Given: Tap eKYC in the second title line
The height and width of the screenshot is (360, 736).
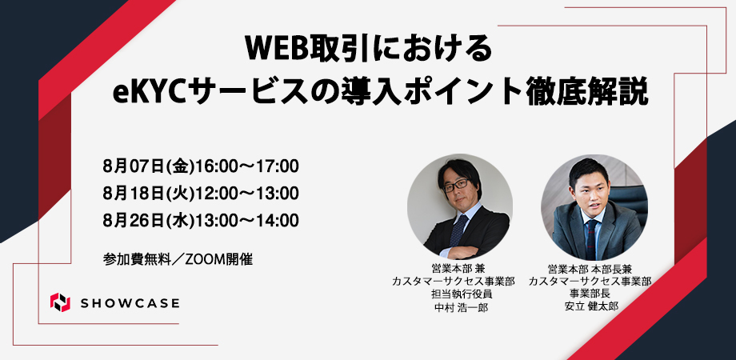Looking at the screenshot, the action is pos(148,93).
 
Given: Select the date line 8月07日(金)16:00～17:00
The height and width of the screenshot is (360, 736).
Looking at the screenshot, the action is pos(201,166).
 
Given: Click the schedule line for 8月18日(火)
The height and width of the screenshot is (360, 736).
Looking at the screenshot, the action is pos(201,193).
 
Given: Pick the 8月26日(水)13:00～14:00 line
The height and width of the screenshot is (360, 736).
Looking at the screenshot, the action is pos(201,220).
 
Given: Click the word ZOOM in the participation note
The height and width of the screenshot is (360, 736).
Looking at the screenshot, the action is pos(206,259).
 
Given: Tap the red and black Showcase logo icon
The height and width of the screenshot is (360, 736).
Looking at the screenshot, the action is pos(60,302).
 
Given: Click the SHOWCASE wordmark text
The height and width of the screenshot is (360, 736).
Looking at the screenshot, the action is pos(130,303).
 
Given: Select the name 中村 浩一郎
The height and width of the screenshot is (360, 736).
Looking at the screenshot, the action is pos(454,307).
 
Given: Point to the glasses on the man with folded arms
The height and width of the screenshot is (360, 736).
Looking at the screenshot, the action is pos(455,184).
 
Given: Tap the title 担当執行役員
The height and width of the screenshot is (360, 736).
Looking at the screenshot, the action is pos(454,294).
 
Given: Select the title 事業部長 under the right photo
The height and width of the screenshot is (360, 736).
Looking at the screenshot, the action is pos(590,294).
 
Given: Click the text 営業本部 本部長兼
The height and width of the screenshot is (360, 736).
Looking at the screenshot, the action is pos(590,269).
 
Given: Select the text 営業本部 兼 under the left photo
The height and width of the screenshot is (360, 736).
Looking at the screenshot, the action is pos(454,269).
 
